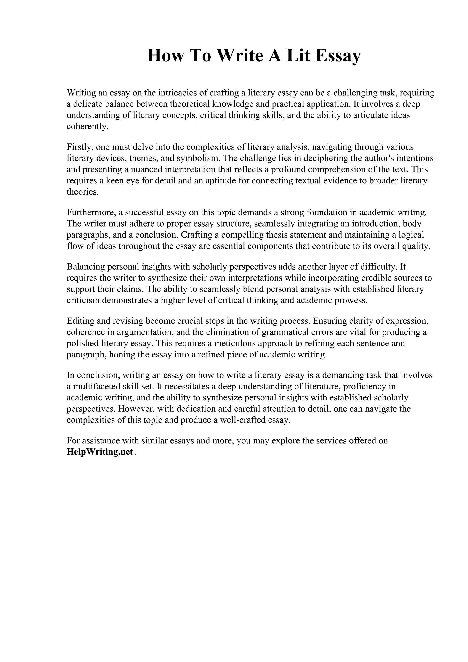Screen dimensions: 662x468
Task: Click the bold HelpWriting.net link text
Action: (100, 452)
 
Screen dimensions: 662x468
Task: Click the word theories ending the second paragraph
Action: (82, 192)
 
